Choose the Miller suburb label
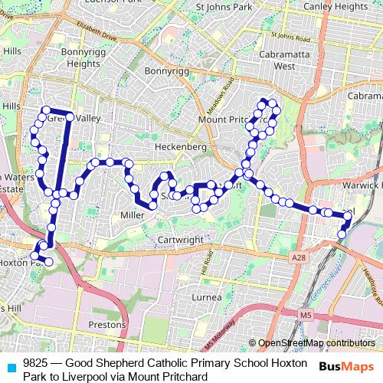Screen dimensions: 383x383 [x=132, y=215]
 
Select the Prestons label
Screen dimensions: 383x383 [x=106, y=325]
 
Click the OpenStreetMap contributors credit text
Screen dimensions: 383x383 [x=316, y=343]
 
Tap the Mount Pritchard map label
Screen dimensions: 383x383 [x=228, y=119]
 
